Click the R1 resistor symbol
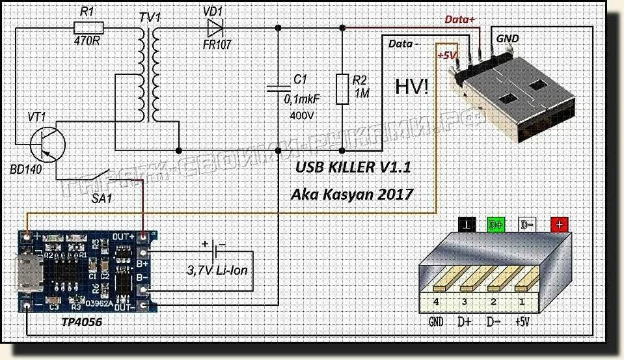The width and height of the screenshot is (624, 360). (x=88, y=27)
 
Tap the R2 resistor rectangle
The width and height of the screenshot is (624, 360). (x=342, y=89)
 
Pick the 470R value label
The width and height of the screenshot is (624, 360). (x=88, y=45)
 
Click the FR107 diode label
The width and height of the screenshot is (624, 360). (x=216, y=46)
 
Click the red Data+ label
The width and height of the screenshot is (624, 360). (x=459, y=20)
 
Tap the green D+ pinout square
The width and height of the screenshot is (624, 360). (x=496, y=225)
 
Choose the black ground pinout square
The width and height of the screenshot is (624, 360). (x=467, y=225)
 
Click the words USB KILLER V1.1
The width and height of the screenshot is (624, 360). (x=353, y=169)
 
